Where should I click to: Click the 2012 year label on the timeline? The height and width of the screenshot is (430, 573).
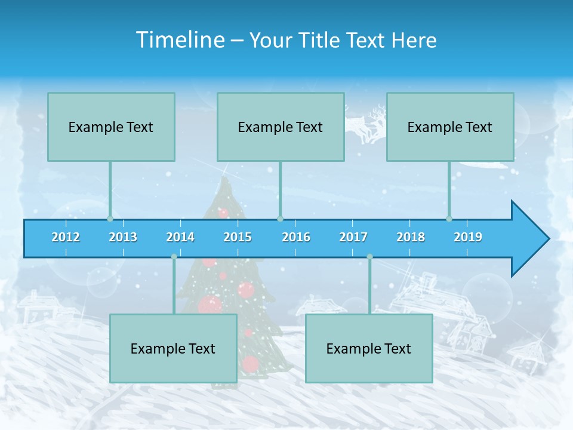(66, 237)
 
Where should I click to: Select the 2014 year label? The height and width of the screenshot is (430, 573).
(180, 237)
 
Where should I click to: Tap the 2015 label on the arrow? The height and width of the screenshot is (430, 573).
(238, 237)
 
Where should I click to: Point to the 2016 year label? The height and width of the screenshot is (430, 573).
(296, 237)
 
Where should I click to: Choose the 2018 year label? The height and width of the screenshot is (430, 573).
(411, 237)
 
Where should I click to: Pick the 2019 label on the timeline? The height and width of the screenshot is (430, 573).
(468, 237)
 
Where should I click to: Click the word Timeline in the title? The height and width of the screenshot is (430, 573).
(180, 40)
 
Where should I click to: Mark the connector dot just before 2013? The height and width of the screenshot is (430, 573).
(110, 219)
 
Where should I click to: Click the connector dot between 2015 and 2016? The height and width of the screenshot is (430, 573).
(280, 219)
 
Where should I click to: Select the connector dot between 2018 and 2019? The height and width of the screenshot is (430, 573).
(449, 219)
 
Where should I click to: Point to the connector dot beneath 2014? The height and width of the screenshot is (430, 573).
(174, 257)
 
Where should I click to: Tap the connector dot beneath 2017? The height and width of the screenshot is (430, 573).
(369, 257)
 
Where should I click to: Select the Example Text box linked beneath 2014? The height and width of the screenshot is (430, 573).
(173, 348)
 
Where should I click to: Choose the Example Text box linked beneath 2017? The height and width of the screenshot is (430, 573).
(369, 348)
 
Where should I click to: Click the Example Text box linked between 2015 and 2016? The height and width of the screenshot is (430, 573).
(281, 127)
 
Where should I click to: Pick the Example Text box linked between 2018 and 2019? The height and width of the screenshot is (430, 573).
(450, 127)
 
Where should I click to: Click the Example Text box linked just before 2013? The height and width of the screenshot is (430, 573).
(111, 127)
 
